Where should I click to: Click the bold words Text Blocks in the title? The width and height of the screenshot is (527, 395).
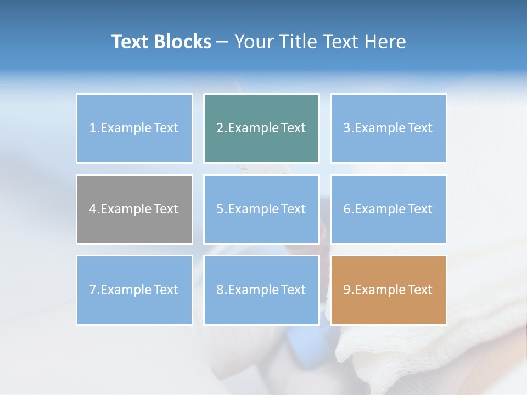pyautogui.click(x=161, y=42)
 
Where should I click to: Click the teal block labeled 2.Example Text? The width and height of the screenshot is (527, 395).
pyautogui.click(x=261, y=128)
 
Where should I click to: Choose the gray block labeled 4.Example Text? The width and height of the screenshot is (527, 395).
pyautogui.click(x=134, y=209)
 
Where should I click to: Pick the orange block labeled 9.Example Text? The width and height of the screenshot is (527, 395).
pyautogui.click(x=388, y=290)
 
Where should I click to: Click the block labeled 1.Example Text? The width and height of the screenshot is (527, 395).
pyautogui.click(x=134, y=128)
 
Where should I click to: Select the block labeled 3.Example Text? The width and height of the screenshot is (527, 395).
pyautogui.click(x=388, y=128)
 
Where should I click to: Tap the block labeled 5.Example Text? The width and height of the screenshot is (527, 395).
pyautogui.click(x=261, y=209)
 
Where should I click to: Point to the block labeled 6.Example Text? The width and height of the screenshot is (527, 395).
pyautogui.click(x=388, y=209)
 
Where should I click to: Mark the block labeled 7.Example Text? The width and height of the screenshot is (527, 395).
pyautogui.click(x=134, y=290)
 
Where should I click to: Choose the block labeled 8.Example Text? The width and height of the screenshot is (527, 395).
pyautogui.click(x=261, y=290)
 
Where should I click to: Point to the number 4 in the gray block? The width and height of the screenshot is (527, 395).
pyautogui.click(x=93, y=209)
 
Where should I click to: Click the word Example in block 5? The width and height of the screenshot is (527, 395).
pyautogui.click(x=254, y=209)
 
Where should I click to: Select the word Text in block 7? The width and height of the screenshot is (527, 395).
pyautogui.click(x=166, y=290)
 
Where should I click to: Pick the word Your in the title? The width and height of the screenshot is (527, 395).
pyautogui.click(x=254, y=42)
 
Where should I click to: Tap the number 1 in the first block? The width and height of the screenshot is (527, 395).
pyautogui.click(x=93, y=128)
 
